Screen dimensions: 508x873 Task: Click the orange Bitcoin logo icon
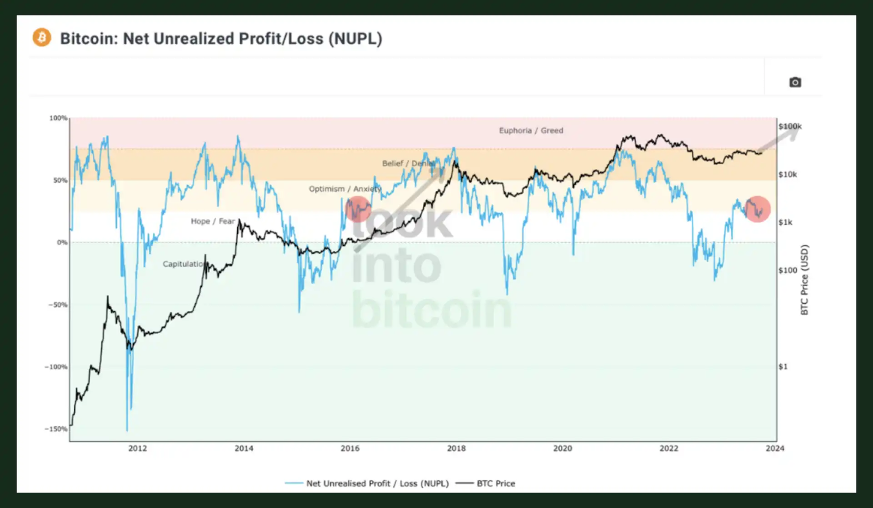(42, 38)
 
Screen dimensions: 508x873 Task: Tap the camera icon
(795, 82)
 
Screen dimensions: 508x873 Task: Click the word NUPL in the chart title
(355, 39)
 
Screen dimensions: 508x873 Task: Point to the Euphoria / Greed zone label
(531, 131)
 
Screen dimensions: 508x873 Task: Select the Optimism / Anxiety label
(345, 189)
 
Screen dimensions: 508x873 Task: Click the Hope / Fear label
(213, 221)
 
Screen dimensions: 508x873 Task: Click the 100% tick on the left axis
(58, 118)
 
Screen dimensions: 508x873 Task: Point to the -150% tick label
(56, 429)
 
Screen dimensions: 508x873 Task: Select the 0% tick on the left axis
(62, 243)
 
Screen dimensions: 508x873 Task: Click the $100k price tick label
(790, 126)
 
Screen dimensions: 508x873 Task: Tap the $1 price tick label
(783, 367)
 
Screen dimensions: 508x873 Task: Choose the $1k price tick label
(785, 222)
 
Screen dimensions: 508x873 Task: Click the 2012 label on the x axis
(137, 449)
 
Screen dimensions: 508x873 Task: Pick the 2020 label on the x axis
(563, 449)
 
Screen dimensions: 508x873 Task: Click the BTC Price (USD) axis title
(804, 280)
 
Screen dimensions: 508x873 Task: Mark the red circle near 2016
(358, 209)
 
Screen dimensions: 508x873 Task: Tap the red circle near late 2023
(757, 209)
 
